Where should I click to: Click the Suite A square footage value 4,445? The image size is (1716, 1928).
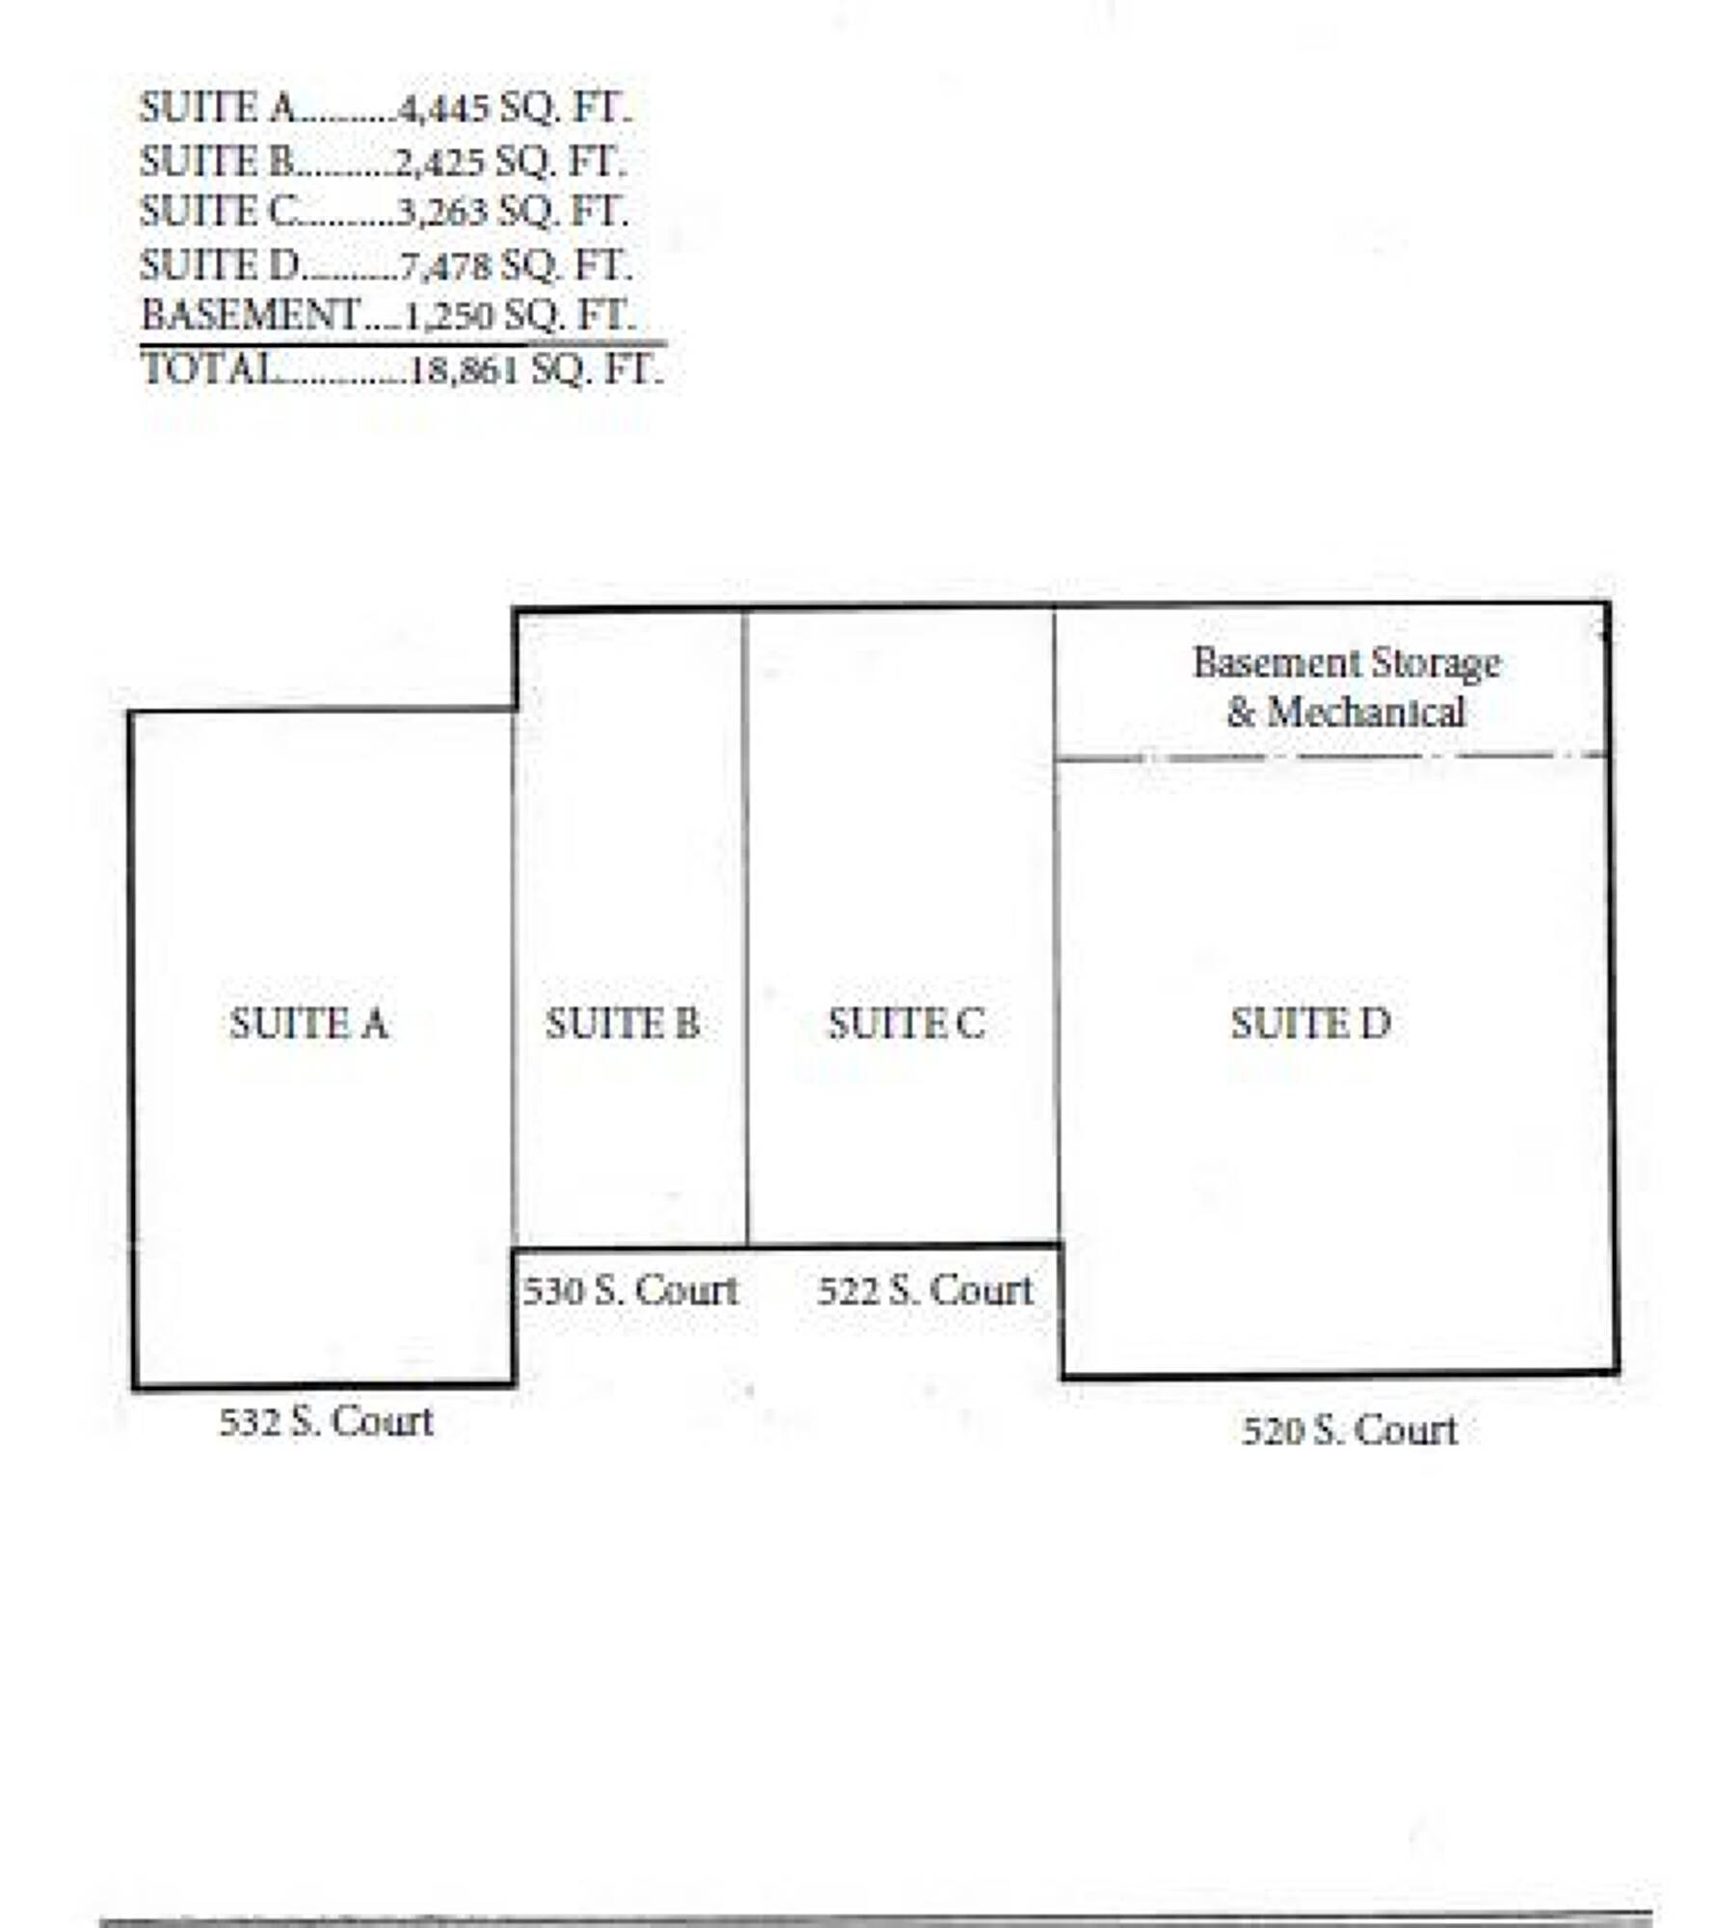[443, 109]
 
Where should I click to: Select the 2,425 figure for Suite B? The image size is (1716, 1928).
[441, 162]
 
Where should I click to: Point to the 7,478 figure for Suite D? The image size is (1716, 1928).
[445, 266]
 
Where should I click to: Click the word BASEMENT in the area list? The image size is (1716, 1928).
[251, 314]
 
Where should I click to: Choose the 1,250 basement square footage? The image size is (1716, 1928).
[449, 316]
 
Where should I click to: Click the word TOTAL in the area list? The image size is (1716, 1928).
[208, 368]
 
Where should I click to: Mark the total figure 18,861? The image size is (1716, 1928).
[466, 370]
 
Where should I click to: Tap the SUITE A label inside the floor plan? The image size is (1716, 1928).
[309, 1023]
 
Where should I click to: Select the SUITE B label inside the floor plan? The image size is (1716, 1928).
[623, 1023]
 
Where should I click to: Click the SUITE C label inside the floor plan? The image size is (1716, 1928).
[906, 1023]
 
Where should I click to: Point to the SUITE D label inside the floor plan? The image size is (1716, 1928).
[1311, 1023]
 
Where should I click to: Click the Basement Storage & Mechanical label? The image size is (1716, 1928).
[1347, 687]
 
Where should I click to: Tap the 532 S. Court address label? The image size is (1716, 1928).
[327, 1421]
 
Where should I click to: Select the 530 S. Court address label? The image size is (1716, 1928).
[630, 1290]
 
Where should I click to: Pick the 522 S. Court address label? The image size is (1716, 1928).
[925, 1290]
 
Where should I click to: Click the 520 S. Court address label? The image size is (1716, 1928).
[1350, 1431]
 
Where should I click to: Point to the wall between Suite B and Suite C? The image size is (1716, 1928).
[745, 927]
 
